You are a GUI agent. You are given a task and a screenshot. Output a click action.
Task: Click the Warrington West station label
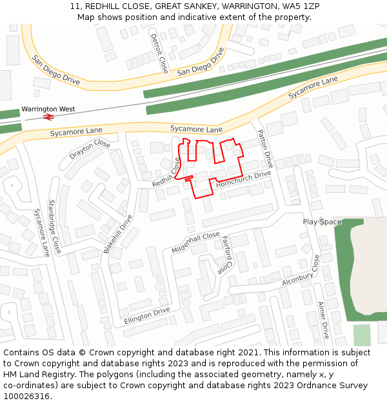(48, 109)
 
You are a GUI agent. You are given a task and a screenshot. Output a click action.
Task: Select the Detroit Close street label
(159, 53)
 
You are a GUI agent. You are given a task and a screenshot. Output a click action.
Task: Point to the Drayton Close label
(90, 150)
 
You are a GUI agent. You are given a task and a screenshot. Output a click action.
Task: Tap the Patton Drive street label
(265, 148)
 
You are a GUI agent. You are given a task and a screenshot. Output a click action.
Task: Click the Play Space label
(322, 222)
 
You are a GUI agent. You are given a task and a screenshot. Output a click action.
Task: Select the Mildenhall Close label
(196, 242)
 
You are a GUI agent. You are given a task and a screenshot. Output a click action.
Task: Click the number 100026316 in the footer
(26, 396)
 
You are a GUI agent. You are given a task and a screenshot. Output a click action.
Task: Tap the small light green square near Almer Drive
(362, 335)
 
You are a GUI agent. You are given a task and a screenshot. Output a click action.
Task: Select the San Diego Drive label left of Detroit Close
(55, 70)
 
